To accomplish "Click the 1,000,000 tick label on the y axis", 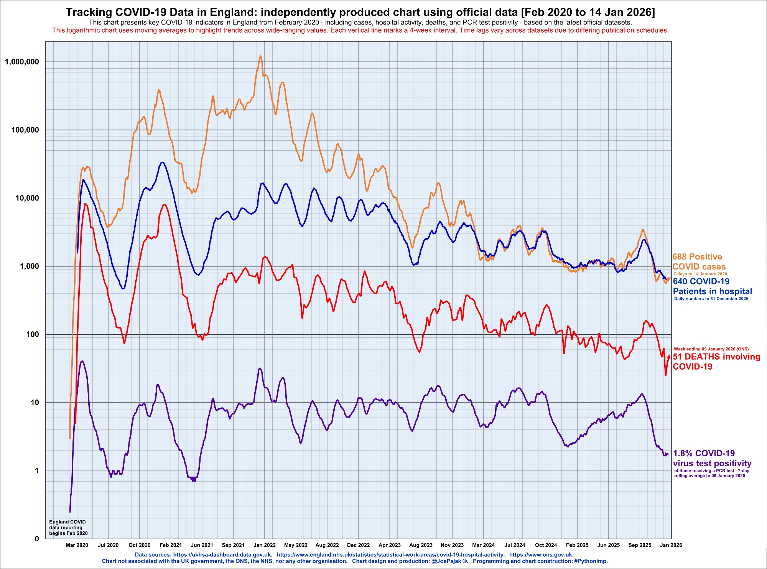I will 22,62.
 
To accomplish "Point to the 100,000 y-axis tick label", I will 25,130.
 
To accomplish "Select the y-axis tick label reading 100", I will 33,334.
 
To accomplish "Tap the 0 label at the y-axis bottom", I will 37,539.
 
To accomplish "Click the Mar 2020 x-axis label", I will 77,545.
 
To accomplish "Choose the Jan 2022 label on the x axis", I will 265,545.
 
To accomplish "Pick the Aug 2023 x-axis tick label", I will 421,545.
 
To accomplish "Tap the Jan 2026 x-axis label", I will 671,545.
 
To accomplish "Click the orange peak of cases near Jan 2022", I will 260,56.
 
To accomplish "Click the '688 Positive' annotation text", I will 697,257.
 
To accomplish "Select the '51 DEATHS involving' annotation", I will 716,357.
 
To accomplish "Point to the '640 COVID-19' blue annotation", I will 701,281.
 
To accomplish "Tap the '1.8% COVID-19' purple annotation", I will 704,453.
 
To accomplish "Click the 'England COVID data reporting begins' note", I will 68,527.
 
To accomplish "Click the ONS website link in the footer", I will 541,554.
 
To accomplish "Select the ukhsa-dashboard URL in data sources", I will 222,554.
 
